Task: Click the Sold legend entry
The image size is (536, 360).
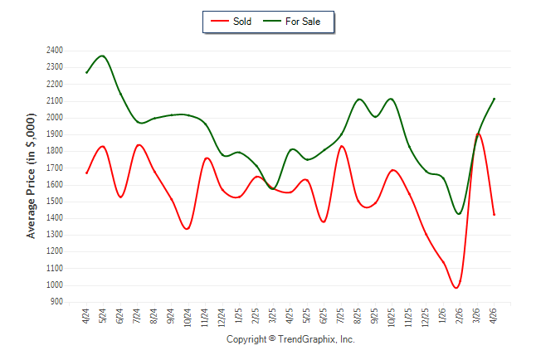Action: tap(231, 22)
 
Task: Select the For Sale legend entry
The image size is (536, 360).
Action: tap(291, 22)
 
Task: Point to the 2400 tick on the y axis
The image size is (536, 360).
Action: tap(55, 51)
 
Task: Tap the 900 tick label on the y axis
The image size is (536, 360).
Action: tap(56, 302)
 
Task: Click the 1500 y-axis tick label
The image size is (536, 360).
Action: tap(55, 202)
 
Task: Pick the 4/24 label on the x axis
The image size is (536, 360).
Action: tap(85, 316)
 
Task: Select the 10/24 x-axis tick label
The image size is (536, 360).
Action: tap(188, 318)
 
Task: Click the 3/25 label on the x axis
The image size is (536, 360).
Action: tap(273, 316)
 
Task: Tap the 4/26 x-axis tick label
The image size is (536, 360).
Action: tap(494, 316)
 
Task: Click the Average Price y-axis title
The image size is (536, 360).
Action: tap(31, 176)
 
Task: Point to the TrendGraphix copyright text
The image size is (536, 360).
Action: tap(290, 339)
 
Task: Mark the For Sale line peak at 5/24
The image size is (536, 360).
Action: tap(102, 56)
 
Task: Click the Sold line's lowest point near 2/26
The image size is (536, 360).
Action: tap(456, 288)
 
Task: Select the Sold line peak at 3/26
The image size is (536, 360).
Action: tap(478, 134)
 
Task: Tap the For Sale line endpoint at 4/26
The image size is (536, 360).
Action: tap(494, 99)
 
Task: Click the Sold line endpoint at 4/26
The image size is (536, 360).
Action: tap(494, 215)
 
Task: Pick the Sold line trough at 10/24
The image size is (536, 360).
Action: tap(187, 229)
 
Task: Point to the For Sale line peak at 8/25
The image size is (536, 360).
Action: tap(359, 100)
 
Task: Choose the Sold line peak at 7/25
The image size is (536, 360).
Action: tap(341, 146)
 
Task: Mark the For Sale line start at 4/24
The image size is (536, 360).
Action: tap(86, 72)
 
